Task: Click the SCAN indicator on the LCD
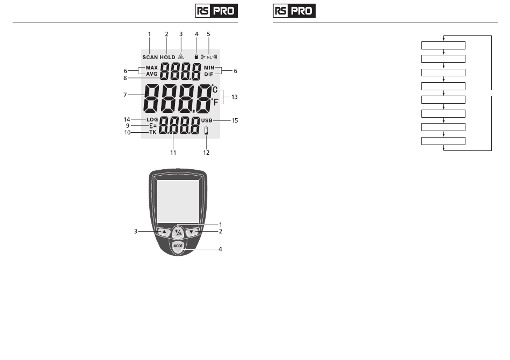tap(150, 57)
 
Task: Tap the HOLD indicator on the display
tap(167, 57)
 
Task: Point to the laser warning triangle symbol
tap(181, 56)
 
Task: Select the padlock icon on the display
tap(196, 56)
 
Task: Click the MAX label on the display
tap(151, 68)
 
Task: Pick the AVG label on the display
tap(151, 74)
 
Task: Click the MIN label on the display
tap(209, 68)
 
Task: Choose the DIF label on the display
tap(209, 74)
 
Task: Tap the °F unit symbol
tap(215, 102)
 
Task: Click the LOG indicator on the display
tap(152, 119)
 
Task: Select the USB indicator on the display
tap(207, 120)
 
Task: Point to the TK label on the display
tap(153, 132)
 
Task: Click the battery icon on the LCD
tap(206, 131)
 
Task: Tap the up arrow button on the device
tap(164, 232)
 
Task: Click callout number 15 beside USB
tap(235, 120)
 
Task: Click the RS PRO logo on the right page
tap(294, 11)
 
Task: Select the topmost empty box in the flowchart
tap(443, 45)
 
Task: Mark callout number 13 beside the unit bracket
tap(235, 97)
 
